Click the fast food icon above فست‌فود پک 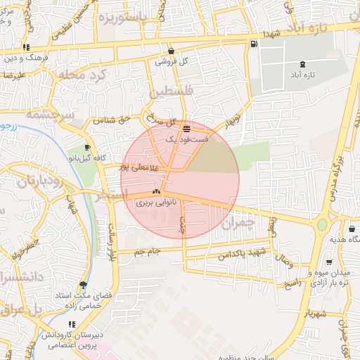[186, 129]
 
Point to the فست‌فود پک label [186, 140]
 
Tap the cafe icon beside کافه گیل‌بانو [87, 148]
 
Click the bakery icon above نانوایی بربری [156, 191]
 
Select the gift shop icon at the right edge [352, 229]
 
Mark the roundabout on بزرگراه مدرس [321, 225]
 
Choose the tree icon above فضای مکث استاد [84, 285]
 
